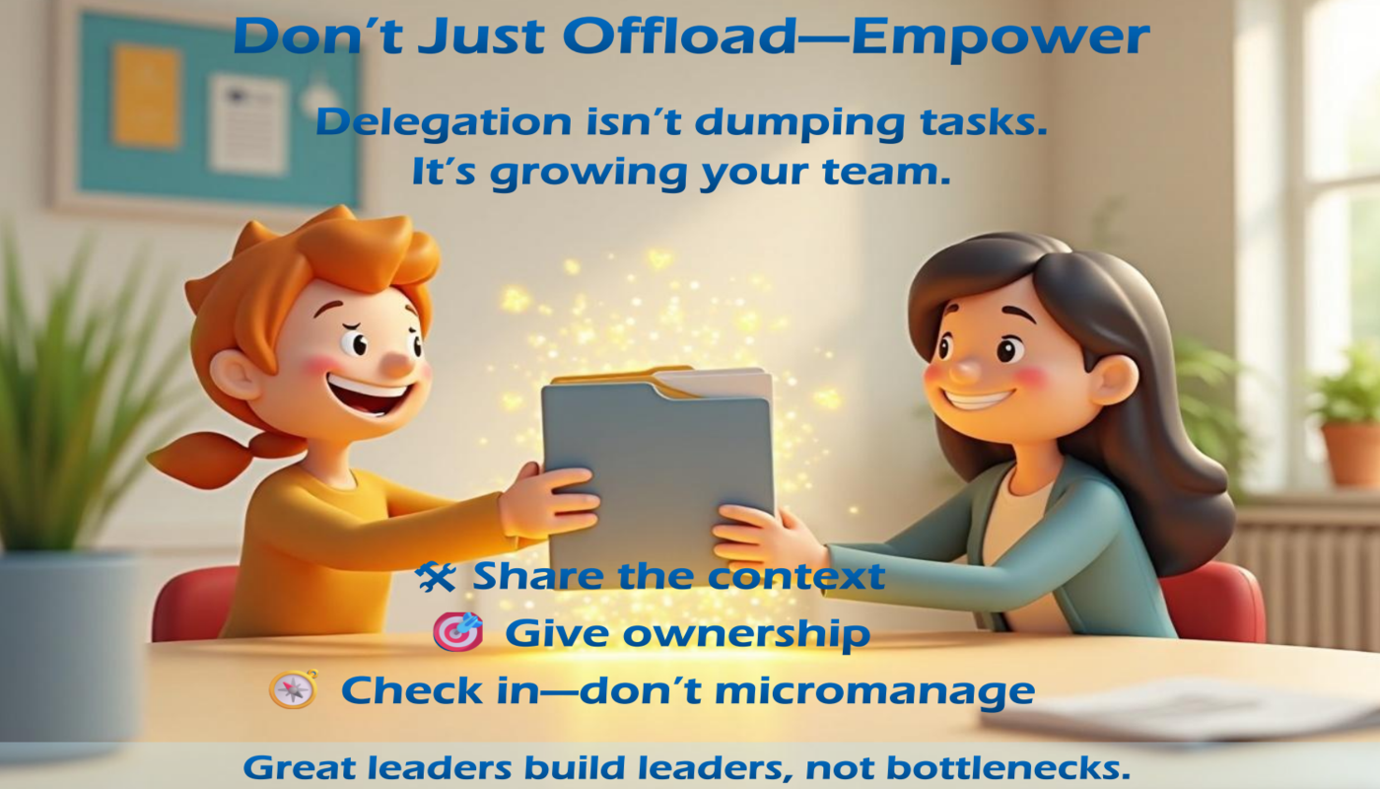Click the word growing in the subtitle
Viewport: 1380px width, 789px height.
click(588, 175)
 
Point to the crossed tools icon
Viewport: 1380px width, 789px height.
click(436, 576)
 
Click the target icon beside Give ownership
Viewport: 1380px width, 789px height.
click(457, 632)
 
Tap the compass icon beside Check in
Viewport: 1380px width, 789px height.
click(294, 688)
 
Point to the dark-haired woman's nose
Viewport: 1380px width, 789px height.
click(965, 368)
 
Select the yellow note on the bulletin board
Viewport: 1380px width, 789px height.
click(147, 97)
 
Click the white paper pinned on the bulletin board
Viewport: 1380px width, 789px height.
click(247, 124)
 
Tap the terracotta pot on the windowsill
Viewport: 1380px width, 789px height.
click(1351, 455)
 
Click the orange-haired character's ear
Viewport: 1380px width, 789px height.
click(235, 374)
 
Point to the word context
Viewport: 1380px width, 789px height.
click(796, 577)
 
